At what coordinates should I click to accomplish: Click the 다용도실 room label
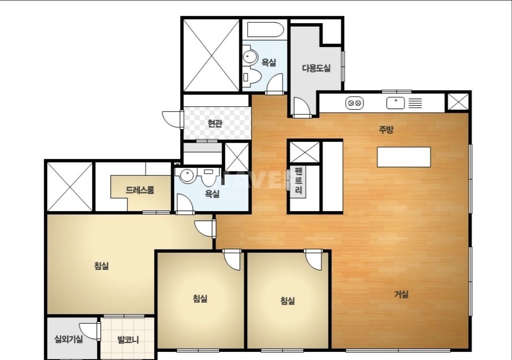(x=316, y=68)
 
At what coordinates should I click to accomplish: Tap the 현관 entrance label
(x=215, y=123)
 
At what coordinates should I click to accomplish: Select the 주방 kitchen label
(x=386, y=129)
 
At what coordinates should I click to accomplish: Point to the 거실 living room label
(x=402, y=295)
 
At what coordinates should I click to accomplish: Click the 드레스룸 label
(x=140, y=190)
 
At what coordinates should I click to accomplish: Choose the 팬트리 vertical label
(x=299, y=180)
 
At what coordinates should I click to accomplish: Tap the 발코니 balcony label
(x=128, y=340)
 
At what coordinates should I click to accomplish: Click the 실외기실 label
(x=69, y=339)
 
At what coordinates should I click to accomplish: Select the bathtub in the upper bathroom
(x=265, y=30)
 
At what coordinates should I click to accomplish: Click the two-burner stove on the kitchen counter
(x=355, y=103)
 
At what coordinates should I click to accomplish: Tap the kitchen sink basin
(x=395, y=103)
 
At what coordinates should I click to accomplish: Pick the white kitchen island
(x=404, y=157)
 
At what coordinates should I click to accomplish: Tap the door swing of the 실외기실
(x=89, y=331)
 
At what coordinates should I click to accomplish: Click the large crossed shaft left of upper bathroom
(x=211, y=55)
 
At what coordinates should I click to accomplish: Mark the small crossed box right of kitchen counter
(x=457, y=102)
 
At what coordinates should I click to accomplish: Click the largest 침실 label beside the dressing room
(x=101, y=266)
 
